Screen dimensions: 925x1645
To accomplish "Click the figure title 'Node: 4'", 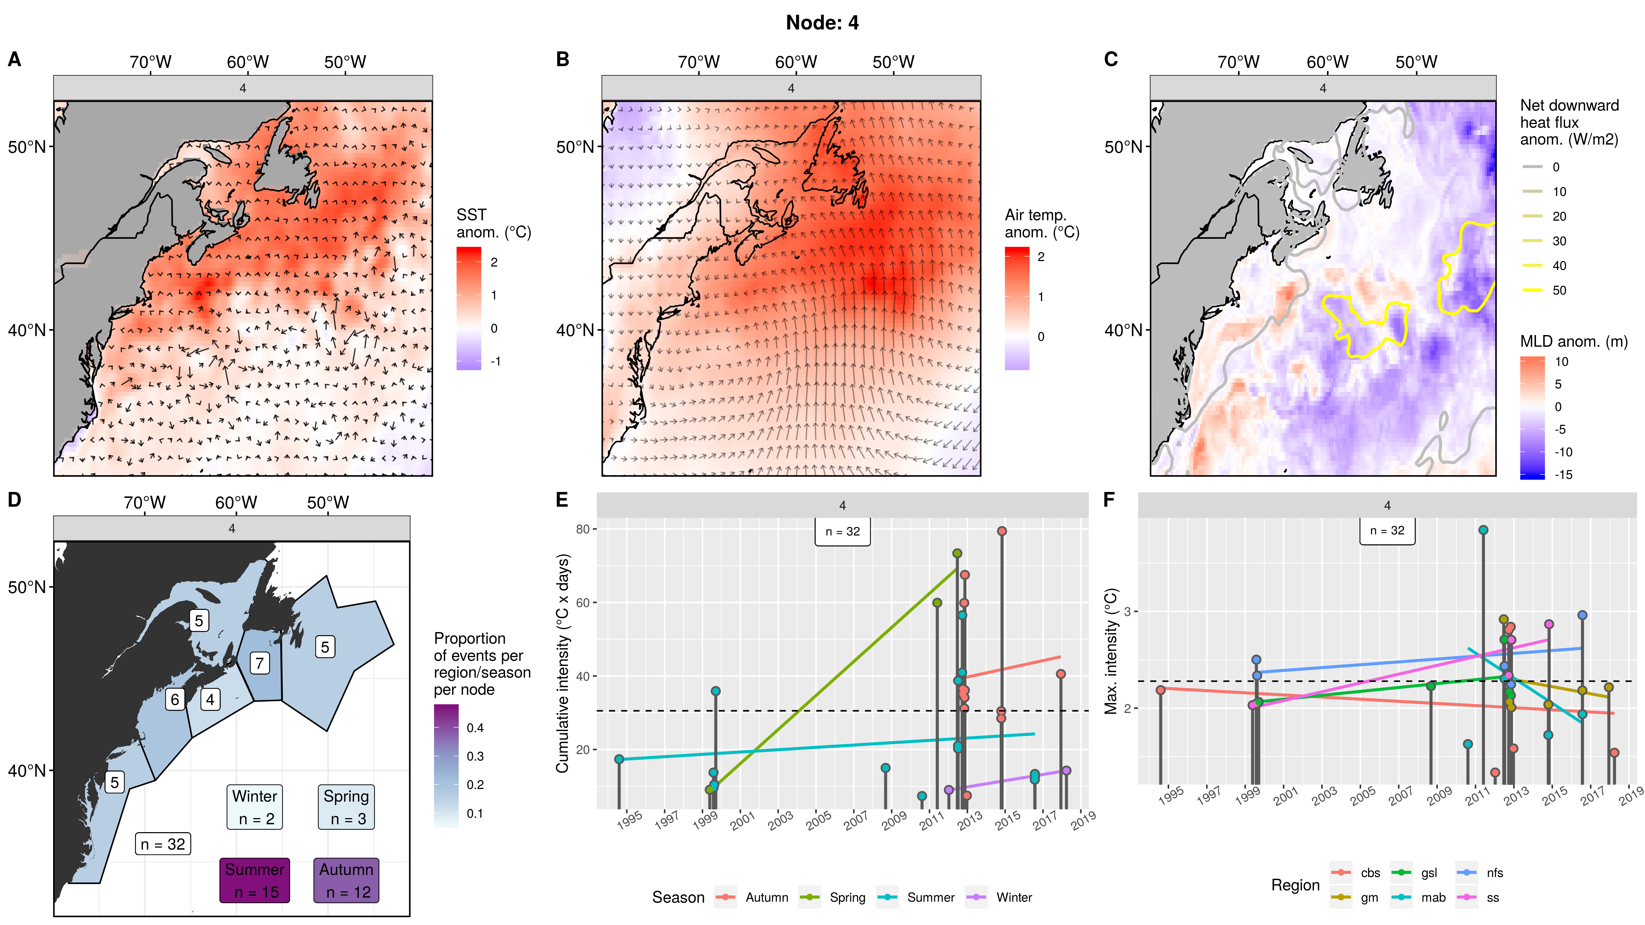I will click(822, 23).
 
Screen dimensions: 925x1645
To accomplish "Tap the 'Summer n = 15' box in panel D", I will click(255, 880).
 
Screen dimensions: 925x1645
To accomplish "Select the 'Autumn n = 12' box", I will click(346, 880).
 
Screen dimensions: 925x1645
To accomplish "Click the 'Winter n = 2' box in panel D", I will click(255, 807).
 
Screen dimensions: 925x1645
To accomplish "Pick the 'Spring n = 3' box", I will click(346, 807).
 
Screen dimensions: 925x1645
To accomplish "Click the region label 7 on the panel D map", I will click(259, 663).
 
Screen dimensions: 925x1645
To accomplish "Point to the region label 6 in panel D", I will click(175, 700).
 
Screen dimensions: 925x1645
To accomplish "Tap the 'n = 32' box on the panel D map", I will click(163, 844).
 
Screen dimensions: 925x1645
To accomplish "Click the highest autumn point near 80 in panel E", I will click(1002, 531).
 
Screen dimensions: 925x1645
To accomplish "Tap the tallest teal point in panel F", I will click(1483, 530).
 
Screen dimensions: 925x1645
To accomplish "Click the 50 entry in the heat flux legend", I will click(1559, 291).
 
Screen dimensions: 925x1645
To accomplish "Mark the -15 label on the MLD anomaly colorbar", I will click(1563, 474).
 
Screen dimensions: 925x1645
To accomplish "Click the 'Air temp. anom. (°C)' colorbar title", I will click(1041, 223).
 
